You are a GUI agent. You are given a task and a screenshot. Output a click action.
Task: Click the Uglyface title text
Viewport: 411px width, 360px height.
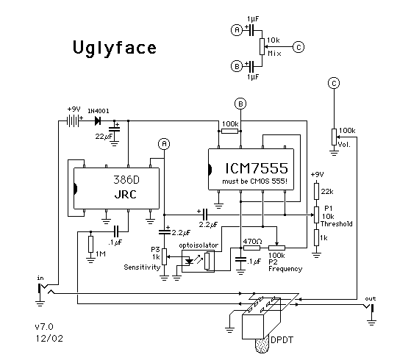115,48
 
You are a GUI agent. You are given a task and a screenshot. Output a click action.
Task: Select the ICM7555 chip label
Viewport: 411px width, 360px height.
257,168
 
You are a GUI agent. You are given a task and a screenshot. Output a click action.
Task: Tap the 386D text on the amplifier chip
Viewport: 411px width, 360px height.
126,180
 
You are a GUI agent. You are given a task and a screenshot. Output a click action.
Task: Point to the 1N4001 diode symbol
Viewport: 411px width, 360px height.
98,120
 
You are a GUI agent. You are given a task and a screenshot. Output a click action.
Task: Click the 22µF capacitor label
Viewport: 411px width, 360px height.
104,136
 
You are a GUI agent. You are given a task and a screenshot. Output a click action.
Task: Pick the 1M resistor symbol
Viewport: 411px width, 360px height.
90,244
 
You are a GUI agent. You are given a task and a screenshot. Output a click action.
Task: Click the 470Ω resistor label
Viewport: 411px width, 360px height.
252,241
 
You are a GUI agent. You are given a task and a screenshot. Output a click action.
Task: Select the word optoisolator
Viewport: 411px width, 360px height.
199,245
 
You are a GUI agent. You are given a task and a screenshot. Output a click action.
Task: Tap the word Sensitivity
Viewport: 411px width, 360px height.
142,267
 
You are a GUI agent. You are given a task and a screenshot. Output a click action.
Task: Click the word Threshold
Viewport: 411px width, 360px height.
336,224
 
